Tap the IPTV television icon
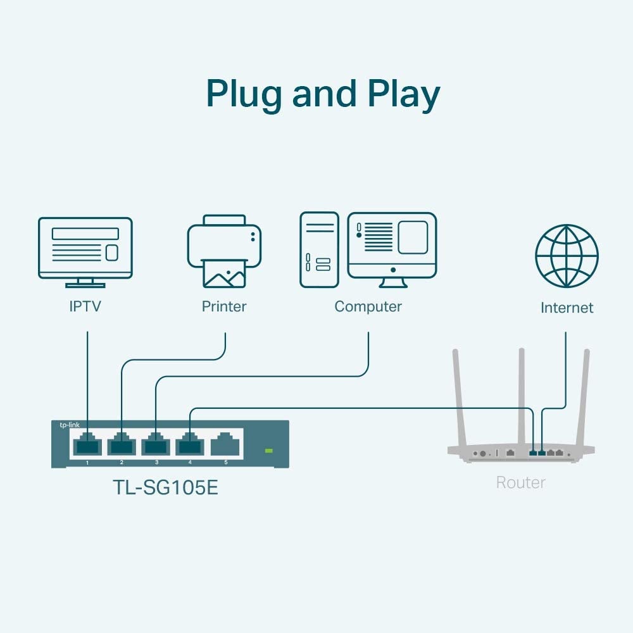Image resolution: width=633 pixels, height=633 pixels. point(85,251)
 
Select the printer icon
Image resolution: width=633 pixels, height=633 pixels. point(224,250)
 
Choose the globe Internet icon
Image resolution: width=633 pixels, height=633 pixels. point(567,256)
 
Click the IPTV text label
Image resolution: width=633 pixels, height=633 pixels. point(85,307)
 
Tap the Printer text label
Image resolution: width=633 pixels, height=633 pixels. point(224,307)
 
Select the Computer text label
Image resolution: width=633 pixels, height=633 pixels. point(368,307)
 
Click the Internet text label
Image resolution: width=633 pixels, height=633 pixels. point(567,308)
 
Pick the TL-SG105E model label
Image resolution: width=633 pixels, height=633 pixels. point(165,488)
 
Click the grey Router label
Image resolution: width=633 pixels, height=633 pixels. point(520,483)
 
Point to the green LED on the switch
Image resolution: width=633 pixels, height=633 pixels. point(268,451)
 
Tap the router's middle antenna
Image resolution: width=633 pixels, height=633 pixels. point(522,392)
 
